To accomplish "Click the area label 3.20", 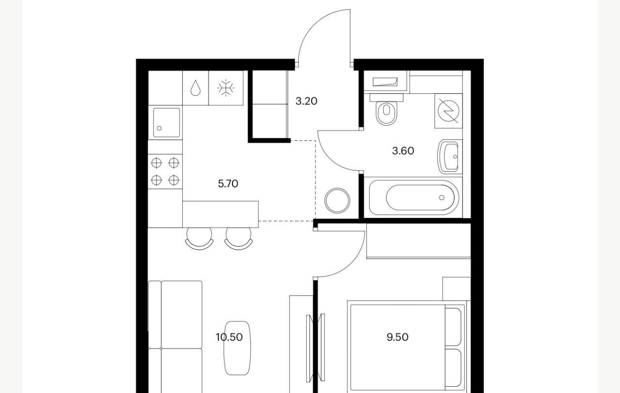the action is click(306, 101).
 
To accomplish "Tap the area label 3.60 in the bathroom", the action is click(403, 151).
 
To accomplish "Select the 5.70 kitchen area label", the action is click(228, 183).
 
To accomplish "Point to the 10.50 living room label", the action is click(229, 337).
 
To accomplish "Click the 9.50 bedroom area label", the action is click(398, 337).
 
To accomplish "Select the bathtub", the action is click(414, 197).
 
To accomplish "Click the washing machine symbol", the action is click(449, 111).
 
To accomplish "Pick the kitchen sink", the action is click(166, 122).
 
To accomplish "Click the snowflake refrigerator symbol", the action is click(226, 88).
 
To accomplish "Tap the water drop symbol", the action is click(195, 88).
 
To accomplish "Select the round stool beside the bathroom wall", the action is click(337, 200).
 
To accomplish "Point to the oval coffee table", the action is click(237, 348).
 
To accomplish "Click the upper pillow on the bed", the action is click(453, 327).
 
